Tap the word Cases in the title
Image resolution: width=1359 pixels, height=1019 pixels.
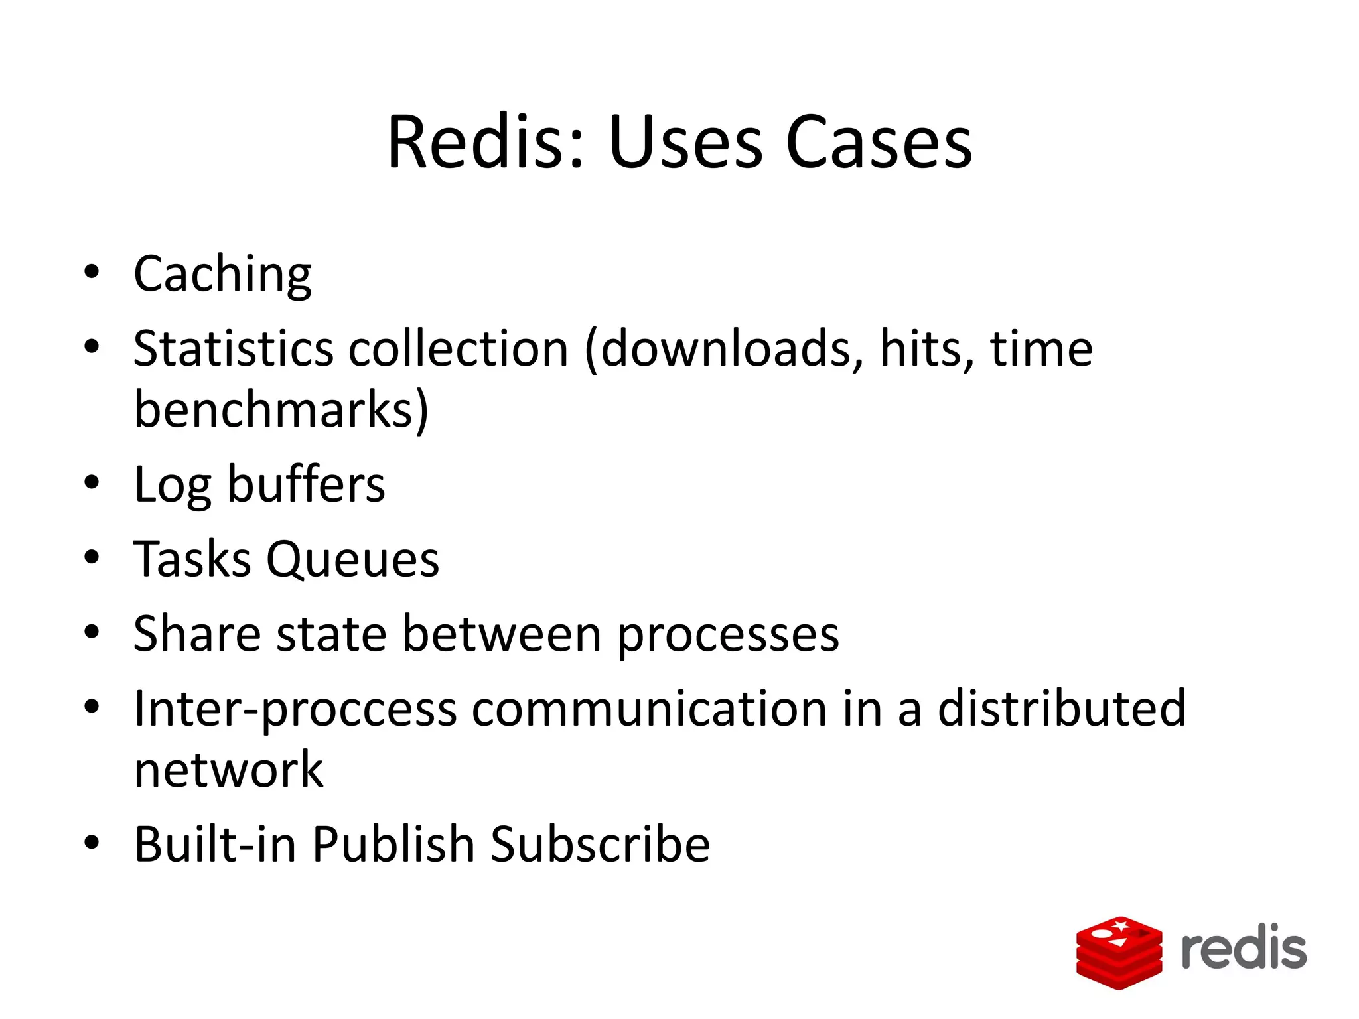[x=879, y=142]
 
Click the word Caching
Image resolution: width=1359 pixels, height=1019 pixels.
[x=222, y=275]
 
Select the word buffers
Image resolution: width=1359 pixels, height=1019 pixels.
[x=306, y=484]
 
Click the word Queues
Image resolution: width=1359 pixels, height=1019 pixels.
[x=352, y=560]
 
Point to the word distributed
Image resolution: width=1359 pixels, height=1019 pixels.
[x=1061, y=709]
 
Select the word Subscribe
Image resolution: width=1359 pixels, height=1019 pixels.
[x=600, y=845]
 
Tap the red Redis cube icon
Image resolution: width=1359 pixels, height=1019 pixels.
[x=1119, y=952]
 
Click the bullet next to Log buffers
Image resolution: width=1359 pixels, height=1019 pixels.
[x=92, y=483]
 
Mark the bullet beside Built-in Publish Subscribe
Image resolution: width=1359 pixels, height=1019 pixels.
[x=92, y=843]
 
